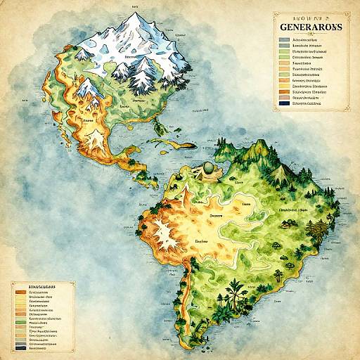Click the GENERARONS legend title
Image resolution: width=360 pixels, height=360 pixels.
[x=309, y=27]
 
